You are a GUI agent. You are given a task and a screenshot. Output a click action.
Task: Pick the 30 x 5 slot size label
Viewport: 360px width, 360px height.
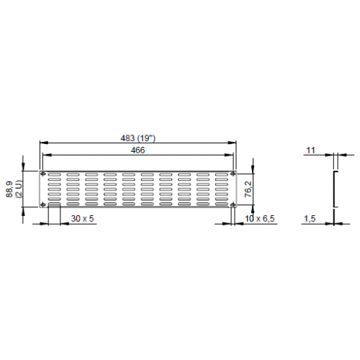pyautogui.click(x=82, y=218)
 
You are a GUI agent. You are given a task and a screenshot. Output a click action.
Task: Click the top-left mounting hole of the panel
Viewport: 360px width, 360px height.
pyautogui.click(x=43, y=174)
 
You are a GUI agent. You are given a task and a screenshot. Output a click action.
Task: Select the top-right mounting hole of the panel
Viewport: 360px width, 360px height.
pyautogui.click(x=234, y=174)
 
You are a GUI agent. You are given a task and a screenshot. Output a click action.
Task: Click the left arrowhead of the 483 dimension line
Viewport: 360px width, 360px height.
pyautogui.click(x=41, y=143)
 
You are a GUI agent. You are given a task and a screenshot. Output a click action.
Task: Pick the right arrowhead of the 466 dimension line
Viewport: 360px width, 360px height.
pyautogui.click(x=232, y=154)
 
